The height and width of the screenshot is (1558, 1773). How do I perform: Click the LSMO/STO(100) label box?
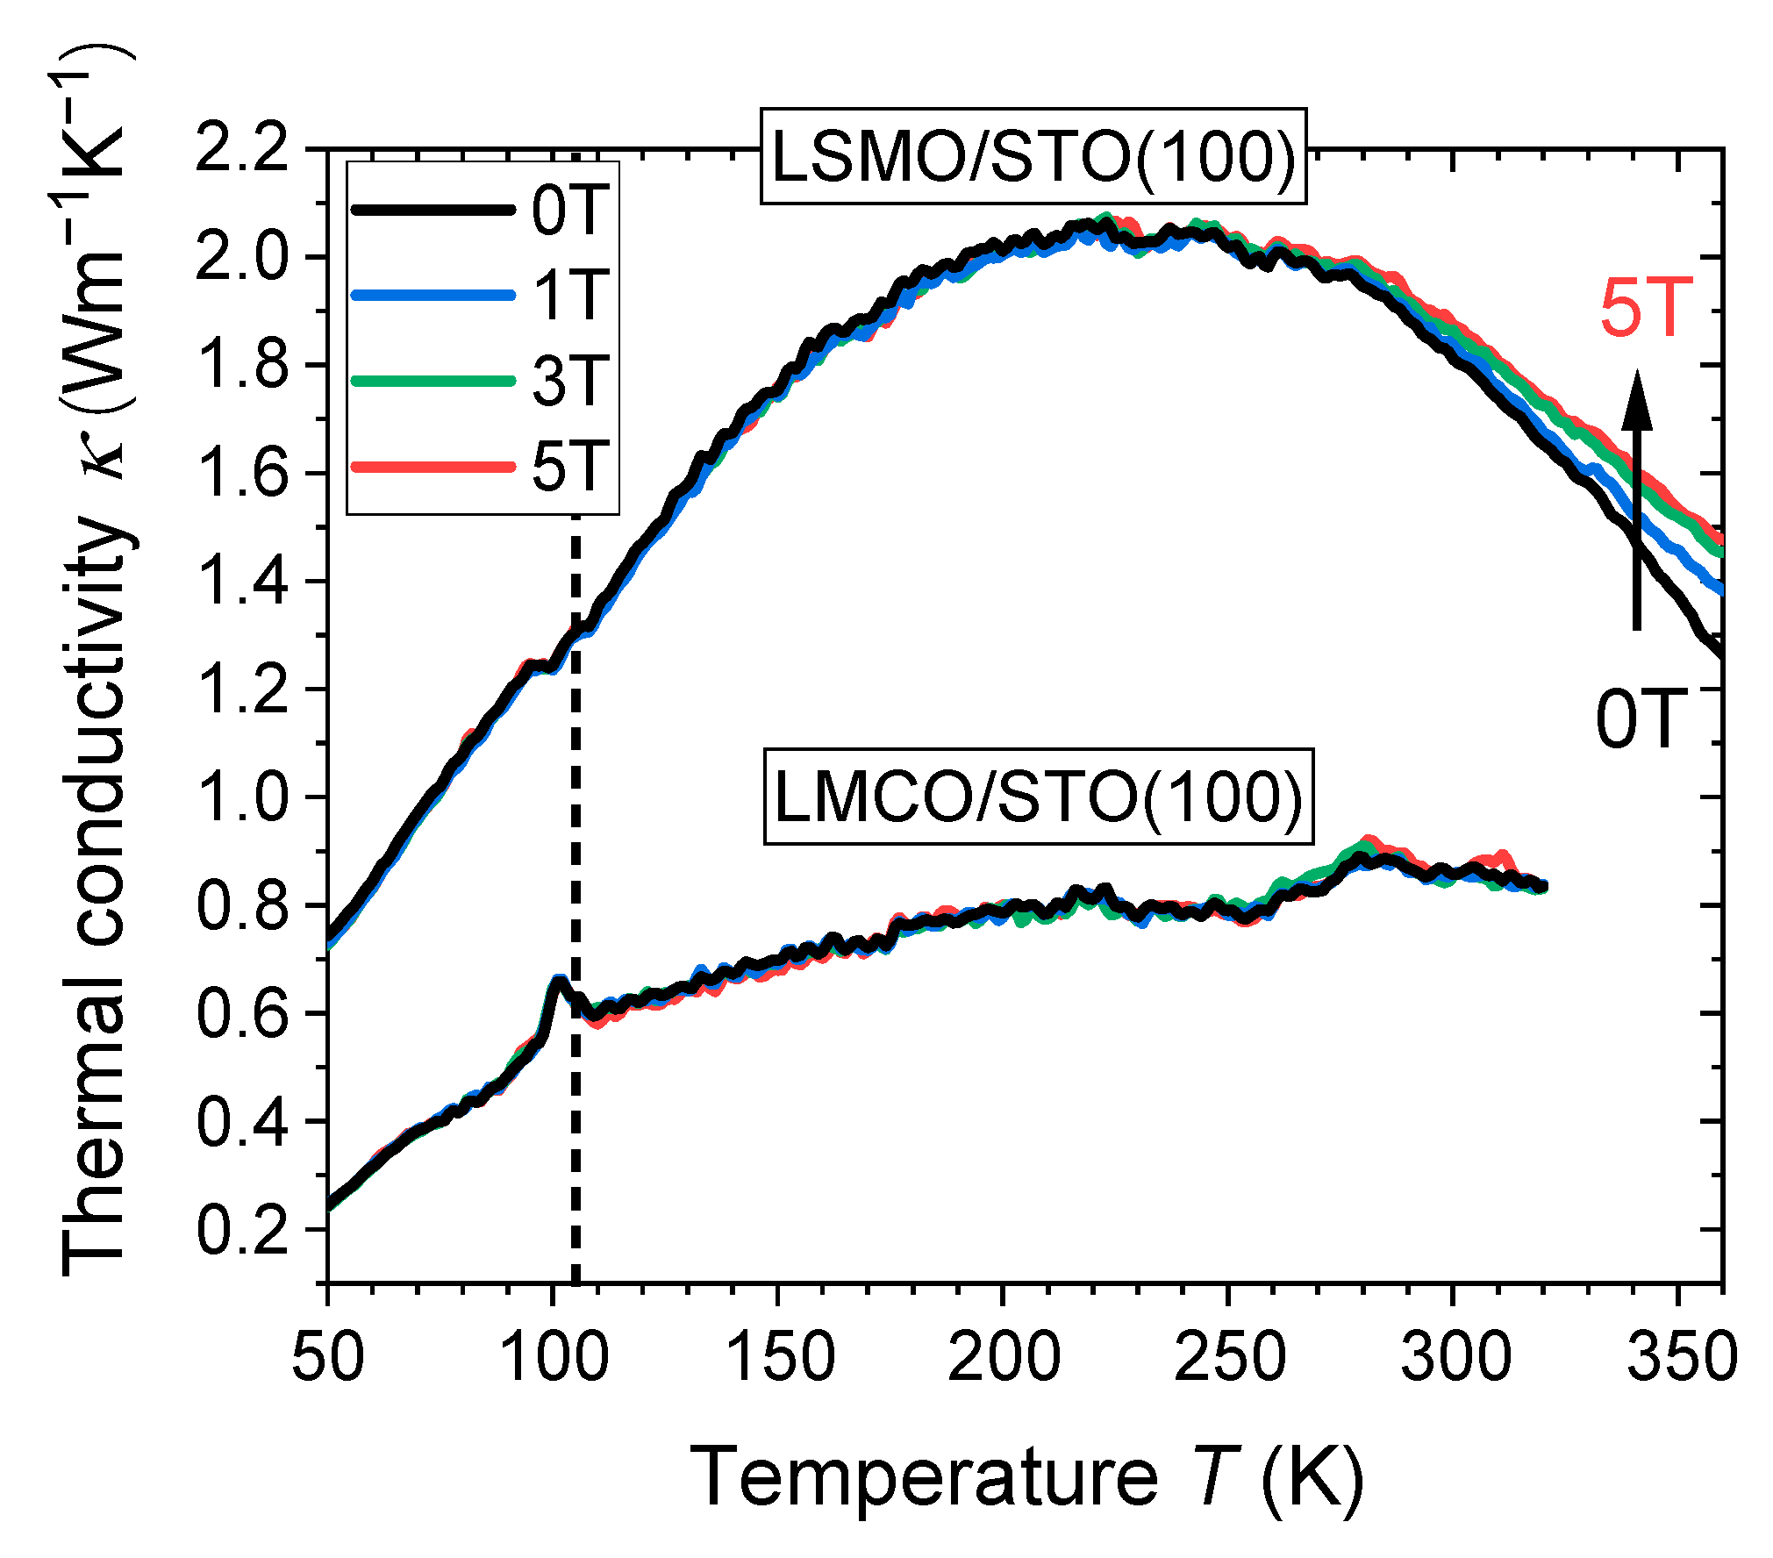pyautogui.click(x=1033, y=157)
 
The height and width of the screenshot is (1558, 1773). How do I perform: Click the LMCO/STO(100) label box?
pyautogui.click(x=1038, y=797)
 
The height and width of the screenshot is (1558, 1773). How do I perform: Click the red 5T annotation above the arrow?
pyautogui.click(x=1646, y=308)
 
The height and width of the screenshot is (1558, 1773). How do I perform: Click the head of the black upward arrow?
pyautogui.click(x=1636, y=399)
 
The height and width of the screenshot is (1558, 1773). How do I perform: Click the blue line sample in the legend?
pyautogui.click(x=433, y=296)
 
